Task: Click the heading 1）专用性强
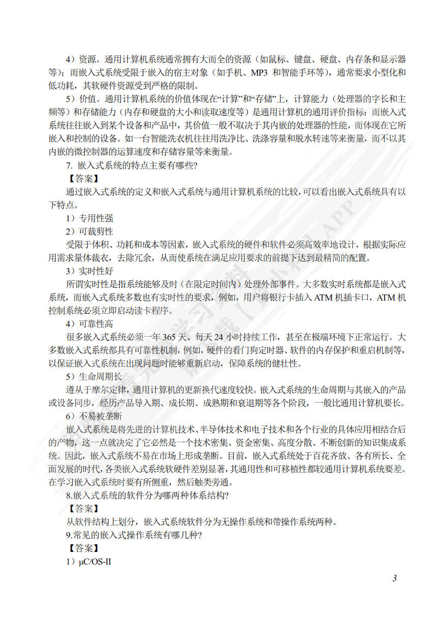(x=89, y=218)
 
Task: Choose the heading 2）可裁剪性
(x=89, y=232)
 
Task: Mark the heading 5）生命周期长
(x=94, y=377)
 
